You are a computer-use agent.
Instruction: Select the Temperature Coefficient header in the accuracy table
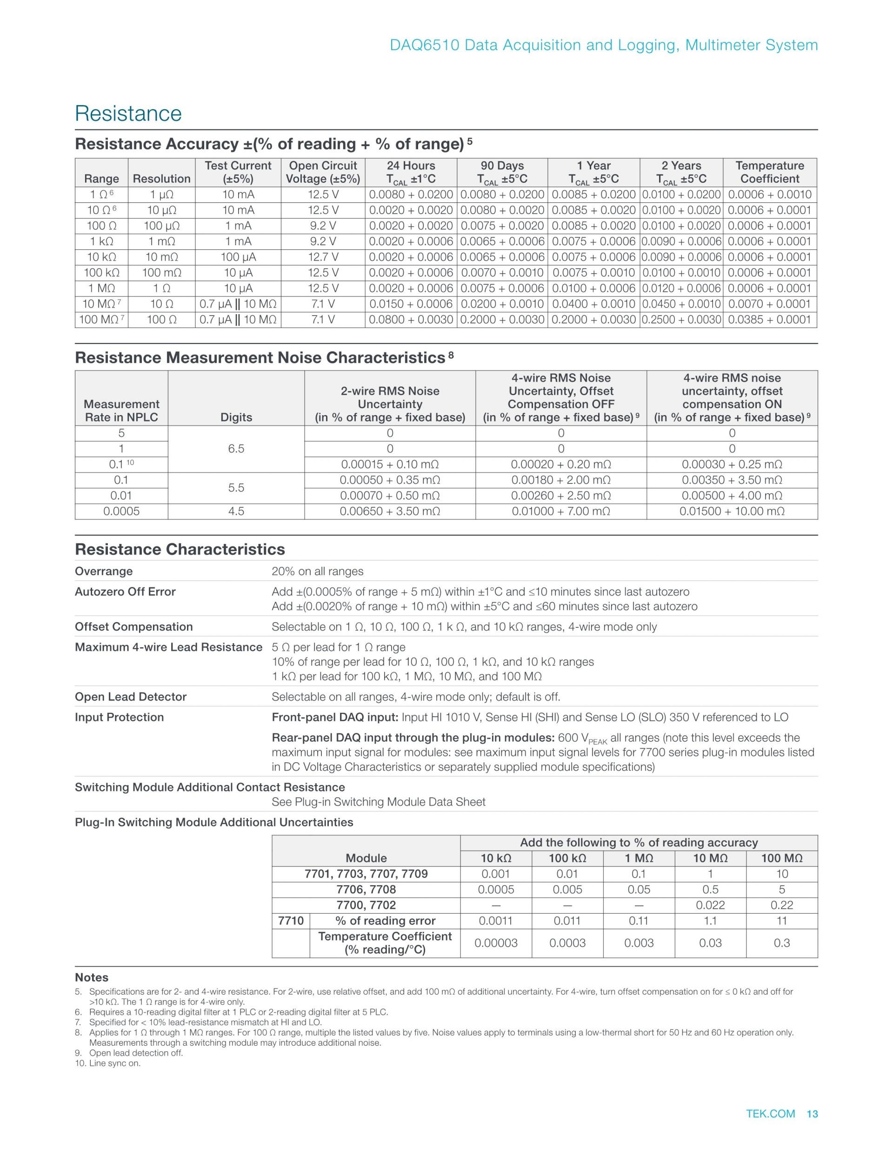coord(769,172)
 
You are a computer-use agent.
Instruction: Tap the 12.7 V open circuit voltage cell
coord(323,257)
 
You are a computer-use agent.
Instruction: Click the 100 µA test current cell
coord(238,257)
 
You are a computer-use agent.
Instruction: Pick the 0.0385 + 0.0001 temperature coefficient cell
coord(769,320)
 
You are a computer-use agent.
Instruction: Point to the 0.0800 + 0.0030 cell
coord(411,320)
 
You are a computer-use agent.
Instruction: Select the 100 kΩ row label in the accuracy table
coord(101,273)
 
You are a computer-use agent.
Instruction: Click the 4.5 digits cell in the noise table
coord(236,511)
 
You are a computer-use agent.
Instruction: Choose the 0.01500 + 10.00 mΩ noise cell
coord(732,511)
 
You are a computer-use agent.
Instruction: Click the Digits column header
coord(236,417)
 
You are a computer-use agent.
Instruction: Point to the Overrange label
coord(104,571)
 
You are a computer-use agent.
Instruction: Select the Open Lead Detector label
coord(131,697)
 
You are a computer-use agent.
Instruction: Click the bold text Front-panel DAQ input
coord(335,718)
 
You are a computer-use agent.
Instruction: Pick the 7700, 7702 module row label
coord(366,906)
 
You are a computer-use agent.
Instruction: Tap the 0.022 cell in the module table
coord(710,906)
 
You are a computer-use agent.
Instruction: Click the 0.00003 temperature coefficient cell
coord(496,943)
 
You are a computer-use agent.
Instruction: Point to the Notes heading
coord(92,978)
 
